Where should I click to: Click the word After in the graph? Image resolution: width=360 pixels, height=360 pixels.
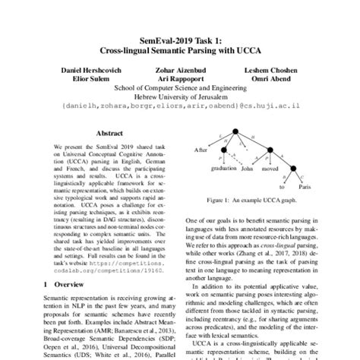[200, 150]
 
